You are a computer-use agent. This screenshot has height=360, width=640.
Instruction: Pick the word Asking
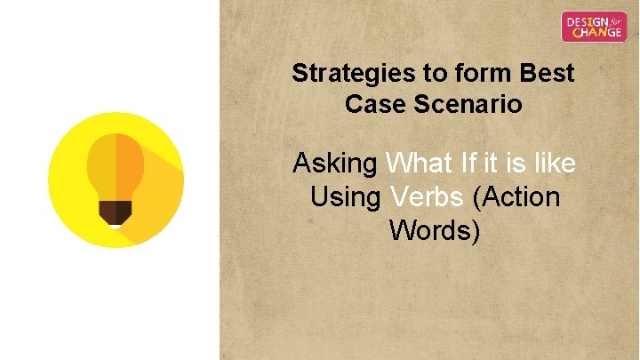[335, 164]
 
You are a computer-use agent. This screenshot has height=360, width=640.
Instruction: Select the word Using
[346, 196]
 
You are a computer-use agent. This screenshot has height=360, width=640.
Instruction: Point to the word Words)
[435, 229]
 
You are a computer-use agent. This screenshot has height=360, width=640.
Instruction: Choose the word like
[553, 164]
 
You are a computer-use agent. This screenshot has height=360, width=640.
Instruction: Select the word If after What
[468, 164]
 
